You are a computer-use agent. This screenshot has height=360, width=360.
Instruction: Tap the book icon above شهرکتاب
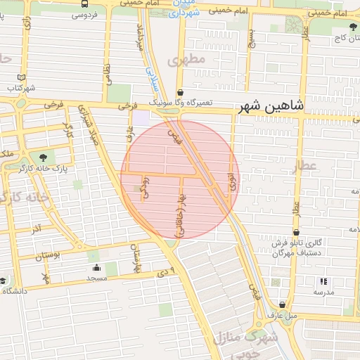click(x=20, y=77)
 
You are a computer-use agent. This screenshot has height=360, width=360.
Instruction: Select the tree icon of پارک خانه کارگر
click(x=44, y=157)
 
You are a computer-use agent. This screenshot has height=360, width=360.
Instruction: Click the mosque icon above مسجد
click(x=96, y=268)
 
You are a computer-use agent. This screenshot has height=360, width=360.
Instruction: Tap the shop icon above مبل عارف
click(x=282, y=304)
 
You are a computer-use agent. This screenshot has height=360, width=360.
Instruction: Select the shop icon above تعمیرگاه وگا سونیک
click(x=180, y=92)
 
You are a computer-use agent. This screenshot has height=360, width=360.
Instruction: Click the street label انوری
click(x=232, y=183)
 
